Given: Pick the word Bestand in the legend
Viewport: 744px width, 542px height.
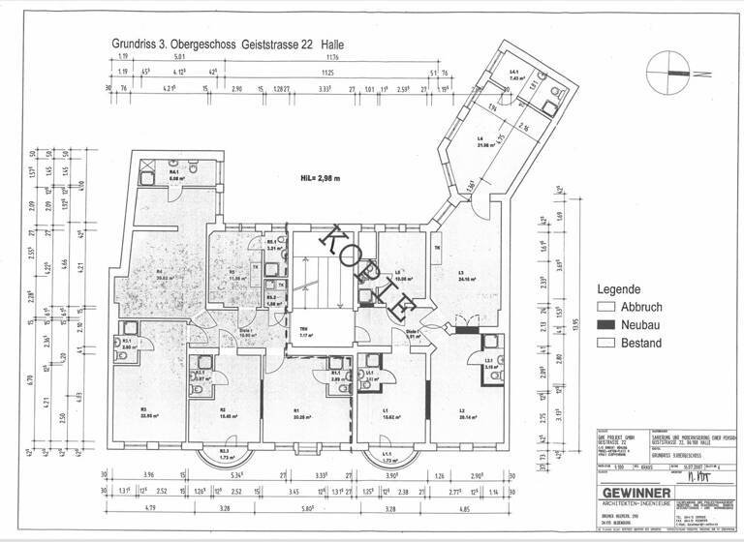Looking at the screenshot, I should click(642, 343).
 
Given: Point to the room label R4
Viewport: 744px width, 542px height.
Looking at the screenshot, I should click(158, 272).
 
